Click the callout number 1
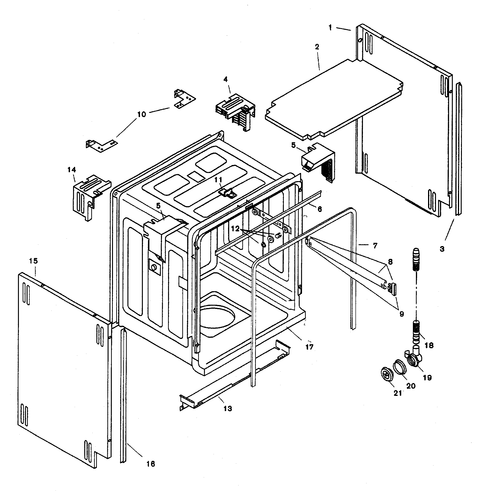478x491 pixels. coord(330,28)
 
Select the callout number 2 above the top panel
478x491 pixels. coord(317,47)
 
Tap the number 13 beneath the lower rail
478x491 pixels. coord(228,409)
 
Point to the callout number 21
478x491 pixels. coord(397,393)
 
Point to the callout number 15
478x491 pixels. coord(33,261)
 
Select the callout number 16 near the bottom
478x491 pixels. coord(151,464)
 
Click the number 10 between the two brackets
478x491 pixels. coord(142,114)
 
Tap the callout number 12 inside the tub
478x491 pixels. coord(235,229)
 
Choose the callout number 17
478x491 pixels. coord(309,347)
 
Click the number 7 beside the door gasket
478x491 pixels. coord(375,246)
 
